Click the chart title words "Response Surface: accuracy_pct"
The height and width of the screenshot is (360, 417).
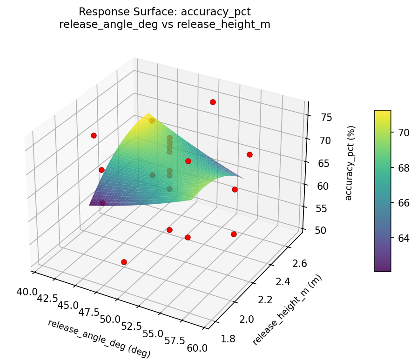165,12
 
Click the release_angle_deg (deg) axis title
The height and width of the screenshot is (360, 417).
99,339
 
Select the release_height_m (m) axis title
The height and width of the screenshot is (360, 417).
287,310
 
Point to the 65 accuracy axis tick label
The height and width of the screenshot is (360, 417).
323,163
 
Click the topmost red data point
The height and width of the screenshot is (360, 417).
213,102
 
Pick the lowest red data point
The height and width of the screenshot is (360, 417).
124,262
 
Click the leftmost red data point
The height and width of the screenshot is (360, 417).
94,135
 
